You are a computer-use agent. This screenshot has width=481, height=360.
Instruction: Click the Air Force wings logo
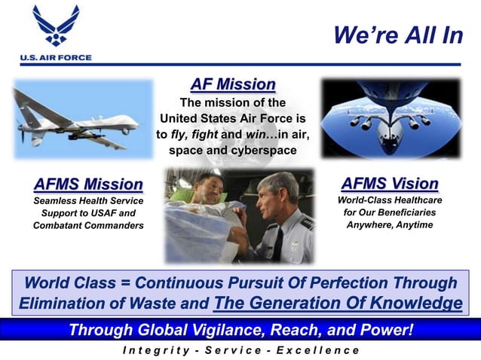tap(56, 26)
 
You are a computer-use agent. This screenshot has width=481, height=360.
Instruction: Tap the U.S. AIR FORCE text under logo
tap(56, 57)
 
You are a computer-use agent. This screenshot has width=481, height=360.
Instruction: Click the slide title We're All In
tap(397, 35)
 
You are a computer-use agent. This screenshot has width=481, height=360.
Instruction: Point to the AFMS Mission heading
tap(88, 184)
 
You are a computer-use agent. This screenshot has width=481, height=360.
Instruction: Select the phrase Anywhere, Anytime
tap(389, 224)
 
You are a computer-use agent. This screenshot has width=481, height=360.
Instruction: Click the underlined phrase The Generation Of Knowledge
tap(338, 303)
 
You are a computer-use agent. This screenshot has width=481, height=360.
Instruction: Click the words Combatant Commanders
tap(88, 226)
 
